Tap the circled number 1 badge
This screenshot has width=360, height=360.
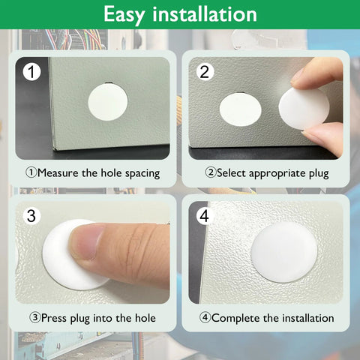31,72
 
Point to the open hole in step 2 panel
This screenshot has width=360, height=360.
240,109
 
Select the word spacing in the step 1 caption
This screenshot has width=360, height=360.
140,173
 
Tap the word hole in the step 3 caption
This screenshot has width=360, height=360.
142,318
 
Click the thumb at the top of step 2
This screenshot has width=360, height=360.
318,73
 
